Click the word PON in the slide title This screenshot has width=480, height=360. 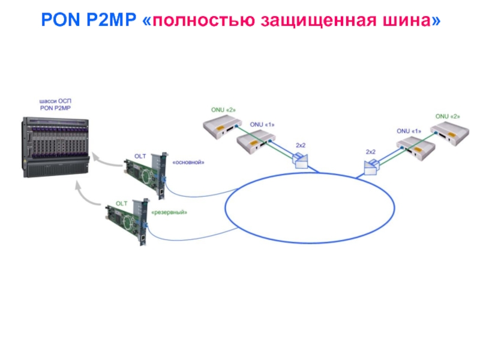tap(58, 20)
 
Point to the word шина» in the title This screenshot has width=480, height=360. tap(409, 20)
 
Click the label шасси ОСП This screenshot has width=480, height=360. tap(55, 101)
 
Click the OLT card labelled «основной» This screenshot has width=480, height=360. tap(144, 175)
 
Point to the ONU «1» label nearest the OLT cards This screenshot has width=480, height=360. tap(262, 125)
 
